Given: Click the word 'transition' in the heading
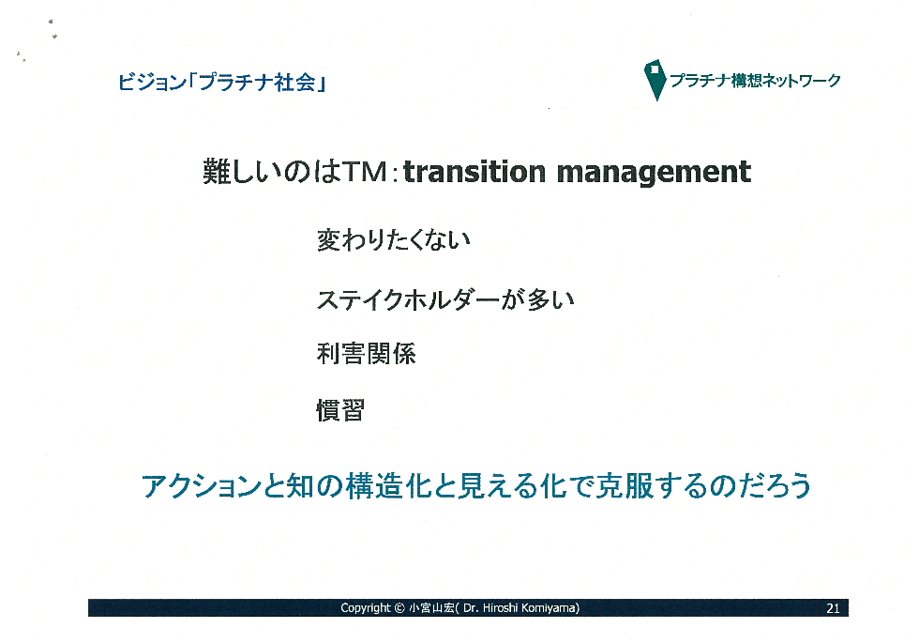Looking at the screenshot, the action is [x=475, y=172].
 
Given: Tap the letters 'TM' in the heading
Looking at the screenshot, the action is [x=365, y=172].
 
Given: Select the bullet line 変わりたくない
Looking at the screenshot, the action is [x=393, y=239].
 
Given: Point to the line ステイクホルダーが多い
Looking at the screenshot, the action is [x=445, y=299].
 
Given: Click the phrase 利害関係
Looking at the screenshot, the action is [x=367, y=354].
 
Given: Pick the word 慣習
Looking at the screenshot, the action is [x=340, y=409].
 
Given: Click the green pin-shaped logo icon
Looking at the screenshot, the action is [x=655, y=79].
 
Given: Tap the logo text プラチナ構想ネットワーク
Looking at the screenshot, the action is [x=756, y=81].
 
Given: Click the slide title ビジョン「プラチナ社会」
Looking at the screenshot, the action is [x=221, y=83].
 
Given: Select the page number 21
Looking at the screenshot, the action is [x=833, y=608].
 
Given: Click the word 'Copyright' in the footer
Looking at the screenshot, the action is [x=365, y=608].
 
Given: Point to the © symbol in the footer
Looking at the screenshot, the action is [x=399, y=608].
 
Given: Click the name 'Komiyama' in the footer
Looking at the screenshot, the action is [x=550, y=608].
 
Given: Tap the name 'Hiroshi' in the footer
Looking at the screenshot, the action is [x=500, y=608].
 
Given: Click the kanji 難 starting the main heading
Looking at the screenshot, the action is [x=216, y=172].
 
